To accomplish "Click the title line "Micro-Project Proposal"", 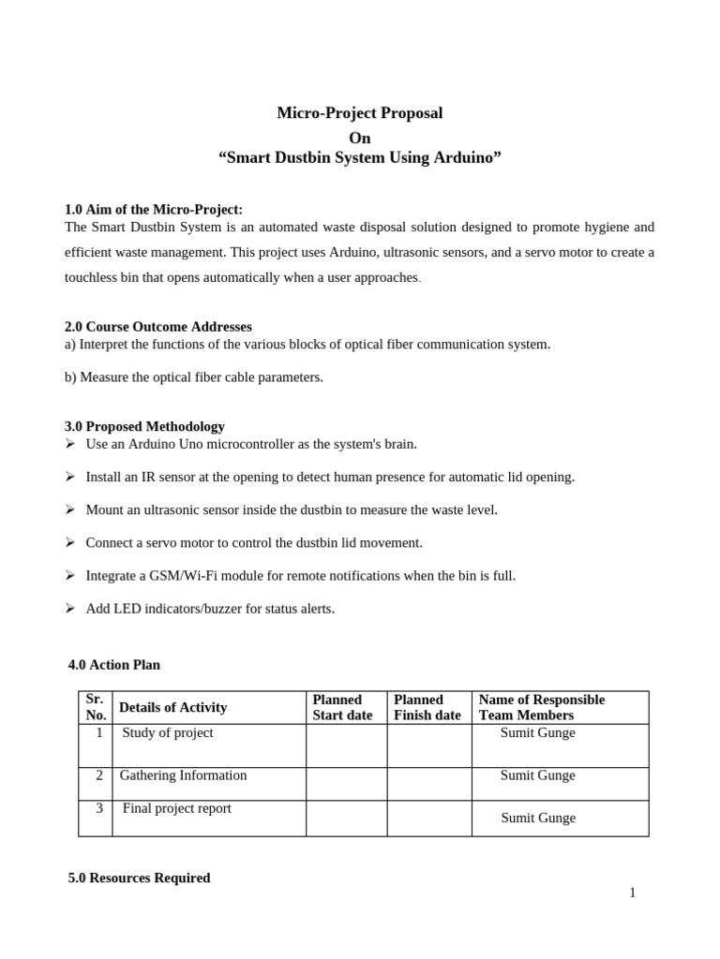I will point(359,113).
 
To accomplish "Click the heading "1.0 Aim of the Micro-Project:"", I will point(153,210).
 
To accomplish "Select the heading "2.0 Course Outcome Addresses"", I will point(157,327).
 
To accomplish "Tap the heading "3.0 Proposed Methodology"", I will point(144,426).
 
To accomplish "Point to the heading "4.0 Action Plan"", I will point(114,665).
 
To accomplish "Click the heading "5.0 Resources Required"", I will point(139,878).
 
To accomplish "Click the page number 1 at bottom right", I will point(632,893).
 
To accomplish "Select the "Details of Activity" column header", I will point(173,707).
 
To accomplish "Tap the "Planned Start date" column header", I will point(342,707).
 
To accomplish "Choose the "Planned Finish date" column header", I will point(427,707).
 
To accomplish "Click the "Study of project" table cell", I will point(168,733).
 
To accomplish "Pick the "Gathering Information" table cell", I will point(183,775).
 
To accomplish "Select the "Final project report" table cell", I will point(176,808).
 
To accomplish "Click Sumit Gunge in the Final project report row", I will point(537,818).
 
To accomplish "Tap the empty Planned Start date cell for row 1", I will point(346,745).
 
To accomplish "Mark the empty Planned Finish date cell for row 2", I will point(429,784).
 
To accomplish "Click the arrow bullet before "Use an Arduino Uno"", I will point(70,444).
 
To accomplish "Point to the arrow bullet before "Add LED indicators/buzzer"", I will point(70,609).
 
